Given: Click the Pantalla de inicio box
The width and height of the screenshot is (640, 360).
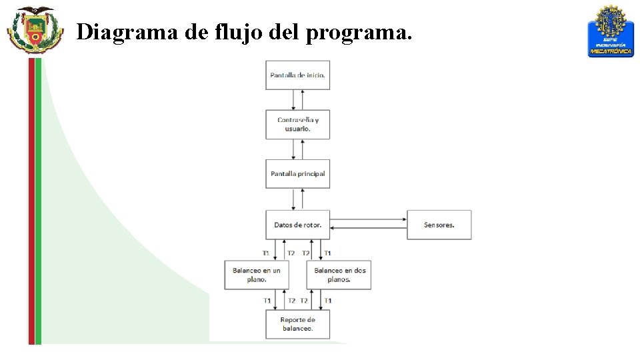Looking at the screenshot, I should (297, 75).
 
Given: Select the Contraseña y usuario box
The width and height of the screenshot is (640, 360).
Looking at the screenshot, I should (297, 124).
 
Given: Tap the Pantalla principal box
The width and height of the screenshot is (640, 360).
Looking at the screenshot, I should (297, 174).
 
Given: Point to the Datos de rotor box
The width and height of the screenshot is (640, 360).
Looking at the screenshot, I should (297, 225).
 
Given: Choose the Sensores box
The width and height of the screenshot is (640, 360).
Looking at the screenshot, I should (439, 225).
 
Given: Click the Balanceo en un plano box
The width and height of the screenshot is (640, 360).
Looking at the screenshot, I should (256, 275).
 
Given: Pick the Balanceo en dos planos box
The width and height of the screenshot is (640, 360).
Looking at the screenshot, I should (339, 275).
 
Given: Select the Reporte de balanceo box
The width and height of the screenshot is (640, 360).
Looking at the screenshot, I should (297, 324).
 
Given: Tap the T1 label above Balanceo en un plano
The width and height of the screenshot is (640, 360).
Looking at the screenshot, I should (266, 253).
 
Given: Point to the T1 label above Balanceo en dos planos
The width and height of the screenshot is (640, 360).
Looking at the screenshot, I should (327, 253).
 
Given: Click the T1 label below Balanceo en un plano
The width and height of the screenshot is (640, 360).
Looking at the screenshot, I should (267, 301).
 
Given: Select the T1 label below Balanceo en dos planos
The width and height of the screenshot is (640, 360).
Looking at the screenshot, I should (327, 301).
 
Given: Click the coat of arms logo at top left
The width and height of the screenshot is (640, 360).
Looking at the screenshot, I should (34, 29).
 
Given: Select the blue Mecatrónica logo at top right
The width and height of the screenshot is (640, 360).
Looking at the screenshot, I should (610, 31).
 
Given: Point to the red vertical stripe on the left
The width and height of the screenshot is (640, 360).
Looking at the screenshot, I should (31, 200).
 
